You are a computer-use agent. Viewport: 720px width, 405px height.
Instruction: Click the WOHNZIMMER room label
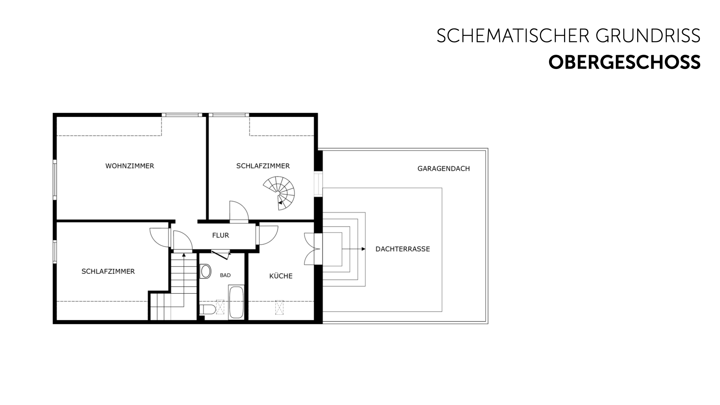pos(130,166)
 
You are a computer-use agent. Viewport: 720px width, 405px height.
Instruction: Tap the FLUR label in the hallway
pos(220,235)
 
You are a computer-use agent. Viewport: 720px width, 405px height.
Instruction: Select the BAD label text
pos(225,275)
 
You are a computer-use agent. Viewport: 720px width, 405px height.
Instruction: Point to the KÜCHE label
pos(281,276)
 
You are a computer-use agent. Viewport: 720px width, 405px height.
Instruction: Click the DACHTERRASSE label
pos(403,249)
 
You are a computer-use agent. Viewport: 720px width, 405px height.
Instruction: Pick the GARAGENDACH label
pos(444,169)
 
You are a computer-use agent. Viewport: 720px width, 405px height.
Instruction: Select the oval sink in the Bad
pos(206,271)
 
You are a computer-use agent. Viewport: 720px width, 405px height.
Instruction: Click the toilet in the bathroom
pos(207,310)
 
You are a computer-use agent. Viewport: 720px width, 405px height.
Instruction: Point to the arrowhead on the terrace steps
pos(363,249)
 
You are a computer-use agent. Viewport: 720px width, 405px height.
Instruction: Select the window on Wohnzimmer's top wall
pos(182,115)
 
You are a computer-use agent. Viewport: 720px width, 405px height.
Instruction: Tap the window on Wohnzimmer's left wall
pos(55,180)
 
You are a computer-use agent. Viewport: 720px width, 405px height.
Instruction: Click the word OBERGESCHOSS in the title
pos(624,62)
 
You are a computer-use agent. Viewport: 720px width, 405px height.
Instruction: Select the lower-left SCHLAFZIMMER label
pos(108,271)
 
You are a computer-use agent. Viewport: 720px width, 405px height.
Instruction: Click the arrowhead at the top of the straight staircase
pos(184,255)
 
